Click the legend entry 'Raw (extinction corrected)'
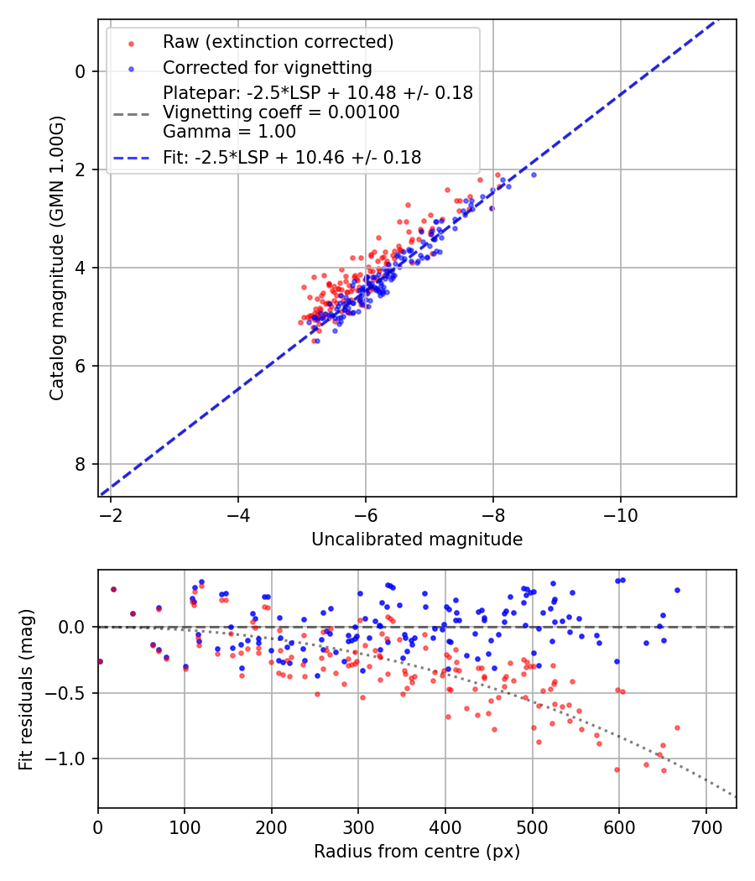click(278, 42)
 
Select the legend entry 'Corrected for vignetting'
click(268, 67)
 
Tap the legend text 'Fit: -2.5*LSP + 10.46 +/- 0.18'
click(292, 157)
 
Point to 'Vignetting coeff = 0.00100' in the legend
click(281, 112)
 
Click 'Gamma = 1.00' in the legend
click(229, 131)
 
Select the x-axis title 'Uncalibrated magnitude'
click(417, 540)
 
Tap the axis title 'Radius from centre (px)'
click(417, 852)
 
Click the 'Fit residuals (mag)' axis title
click(26, 690)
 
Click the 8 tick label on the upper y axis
click(80, 464)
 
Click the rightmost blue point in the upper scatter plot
click(534, 175)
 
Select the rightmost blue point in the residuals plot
click(677, 590)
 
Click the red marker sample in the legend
click(131, 42)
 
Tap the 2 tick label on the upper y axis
click(80, 169)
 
